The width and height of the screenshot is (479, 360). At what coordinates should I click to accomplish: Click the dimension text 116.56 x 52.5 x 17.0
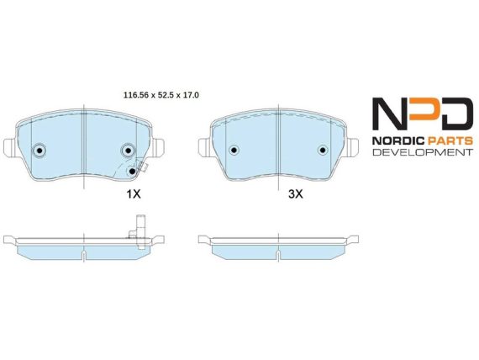point(161,95)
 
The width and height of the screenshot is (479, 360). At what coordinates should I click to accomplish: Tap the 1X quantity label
point(134,193)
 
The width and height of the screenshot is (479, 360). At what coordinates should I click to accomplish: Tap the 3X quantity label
point(296,193)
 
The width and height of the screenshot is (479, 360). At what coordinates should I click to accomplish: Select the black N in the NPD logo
point(389,114)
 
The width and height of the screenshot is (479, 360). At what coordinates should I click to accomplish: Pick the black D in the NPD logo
point(456,114)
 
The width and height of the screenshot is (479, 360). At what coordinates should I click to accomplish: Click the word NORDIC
point(398,140)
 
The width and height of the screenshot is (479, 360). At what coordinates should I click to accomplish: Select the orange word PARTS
point(450,140)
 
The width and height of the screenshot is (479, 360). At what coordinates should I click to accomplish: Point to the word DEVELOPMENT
point(423,152)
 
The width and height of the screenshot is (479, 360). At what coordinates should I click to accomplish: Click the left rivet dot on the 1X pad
point(39,151)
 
